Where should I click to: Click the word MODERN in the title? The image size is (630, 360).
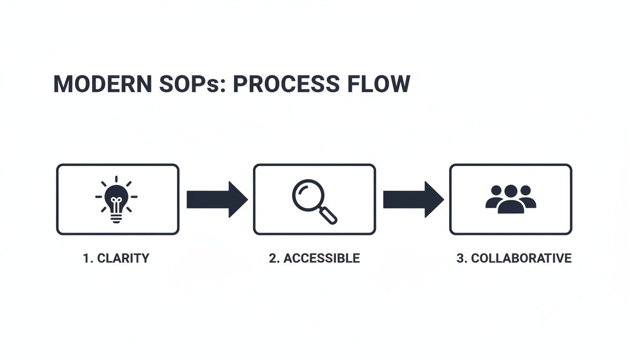[102, 84]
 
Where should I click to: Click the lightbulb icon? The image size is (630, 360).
[117, 199]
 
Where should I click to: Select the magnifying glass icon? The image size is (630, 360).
[314, 201]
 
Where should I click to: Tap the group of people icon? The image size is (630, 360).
[510, 199]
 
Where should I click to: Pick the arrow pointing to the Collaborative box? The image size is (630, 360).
[413, 200]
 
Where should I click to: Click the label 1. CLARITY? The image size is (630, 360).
[116, 258]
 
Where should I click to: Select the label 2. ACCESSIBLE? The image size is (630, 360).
[314, 258]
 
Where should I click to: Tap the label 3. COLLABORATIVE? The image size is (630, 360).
[514, 258]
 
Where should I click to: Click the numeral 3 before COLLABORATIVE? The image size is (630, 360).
[460, 258]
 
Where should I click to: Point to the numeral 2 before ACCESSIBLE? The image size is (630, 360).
[272, 258]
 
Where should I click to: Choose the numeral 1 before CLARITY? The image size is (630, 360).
[86, 258]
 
